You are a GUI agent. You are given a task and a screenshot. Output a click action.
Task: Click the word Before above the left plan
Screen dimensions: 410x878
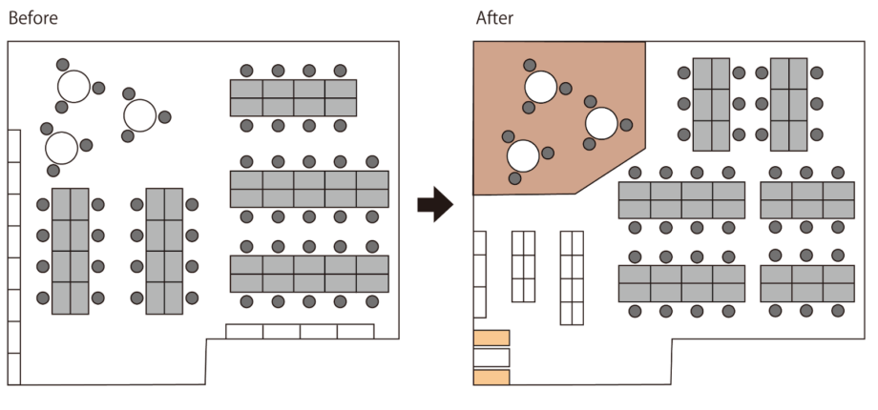click(x=33, y=18)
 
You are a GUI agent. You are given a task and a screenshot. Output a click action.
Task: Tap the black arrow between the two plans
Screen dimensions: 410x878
click(x=434, y=204)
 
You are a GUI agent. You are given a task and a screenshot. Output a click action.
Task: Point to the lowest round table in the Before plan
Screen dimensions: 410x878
click(x=62, y=148)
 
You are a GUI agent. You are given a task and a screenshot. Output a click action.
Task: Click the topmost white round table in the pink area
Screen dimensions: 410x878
click(x=540, y=87)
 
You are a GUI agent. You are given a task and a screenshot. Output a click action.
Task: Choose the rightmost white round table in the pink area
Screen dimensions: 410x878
click(x=601, y=122)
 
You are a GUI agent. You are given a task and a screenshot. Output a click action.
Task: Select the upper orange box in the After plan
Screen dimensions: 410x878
click(x=491, y=338)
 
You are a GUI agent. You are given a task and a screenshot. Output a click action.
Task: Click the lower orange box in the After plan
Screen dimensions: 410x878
click(x=491, y=378)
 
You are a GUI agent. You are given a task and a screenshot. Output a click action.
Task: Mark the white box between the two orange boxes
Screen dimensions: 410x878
click(x=491, y=358)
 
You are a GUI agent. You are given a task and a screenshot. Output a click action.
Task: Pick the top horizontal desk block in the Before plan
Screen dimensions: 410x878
click(x=293, y=98)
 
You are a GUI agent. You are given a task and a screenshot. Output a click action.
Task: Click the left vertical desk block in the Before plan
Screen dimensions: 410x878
click(x=70, y=251)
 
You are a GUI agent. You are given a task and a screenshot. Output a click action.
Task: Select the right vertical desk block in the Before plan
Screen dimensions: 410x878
click(x=164, y=251)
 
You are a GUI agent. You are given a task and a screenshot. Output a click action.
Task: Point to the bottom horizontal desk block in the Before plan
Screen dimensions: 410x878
click(x=309, y=274)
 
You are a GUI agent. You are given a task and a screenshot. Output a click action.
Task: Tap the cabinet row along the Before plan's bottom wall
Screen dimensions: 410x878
click(x=299, y=331)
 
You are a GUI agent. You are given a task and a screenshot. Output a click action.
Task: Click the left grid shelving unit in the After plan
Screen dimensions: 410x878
click(x=524, y=266)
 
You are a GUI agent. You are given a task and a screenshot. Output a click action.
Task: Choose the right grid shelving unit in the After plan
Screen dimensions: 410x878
click(x=571, y=277)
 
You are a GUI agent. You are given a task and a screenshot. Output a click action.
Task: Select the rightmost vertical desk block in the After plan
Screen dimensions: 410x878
click(x=788, y=104)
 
